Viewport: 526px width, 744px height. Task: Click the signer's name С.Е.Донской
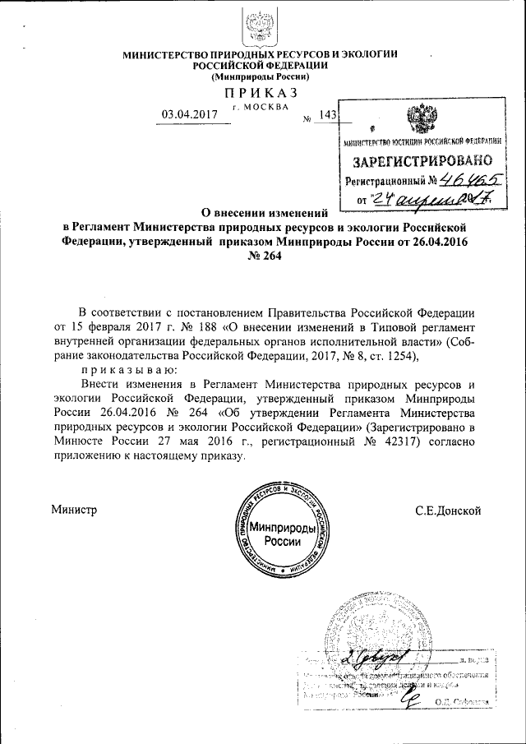448,511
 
